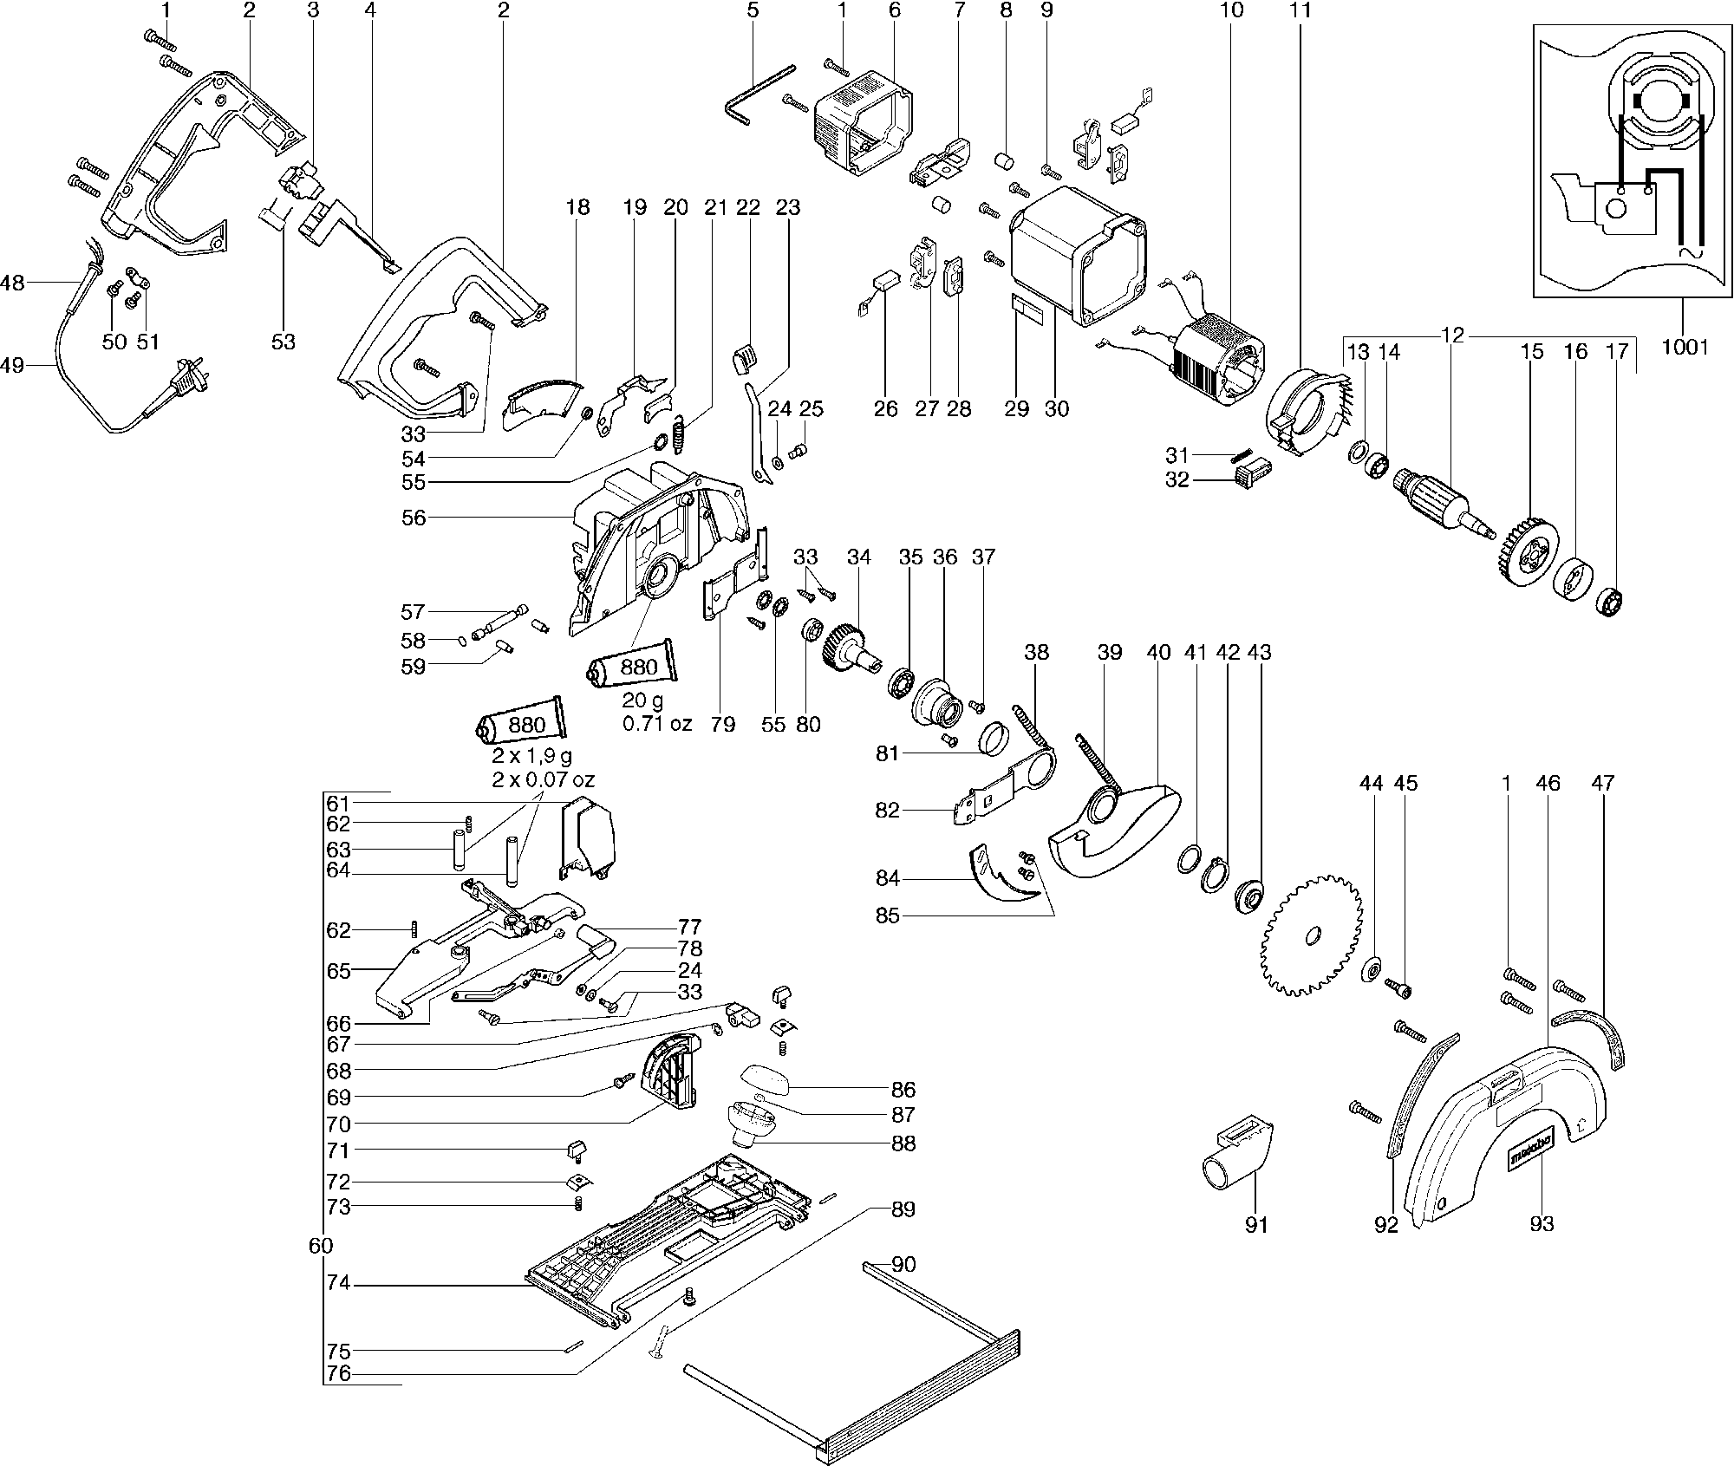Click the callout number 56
pyautogui.click(x=414, y=518)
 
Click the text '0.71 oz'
pyautogui.click(x=657, y=723)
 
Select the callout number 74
pyautogui.click(x=338, y=1282)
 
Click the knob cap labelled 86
pyautogui.click(x=765, y=1081)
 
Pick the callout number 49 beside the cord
pyautogui.click(x=12, y=365)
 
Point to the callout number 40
pyautogui.click(x=1158, y=652)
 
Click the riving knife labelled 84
pyautogui.click(x=1003, y=875)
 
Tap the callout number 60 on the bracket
pyautogui.click(x=320, y=1246)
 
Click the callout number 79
pyautogui.click(x=722, y=724)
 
